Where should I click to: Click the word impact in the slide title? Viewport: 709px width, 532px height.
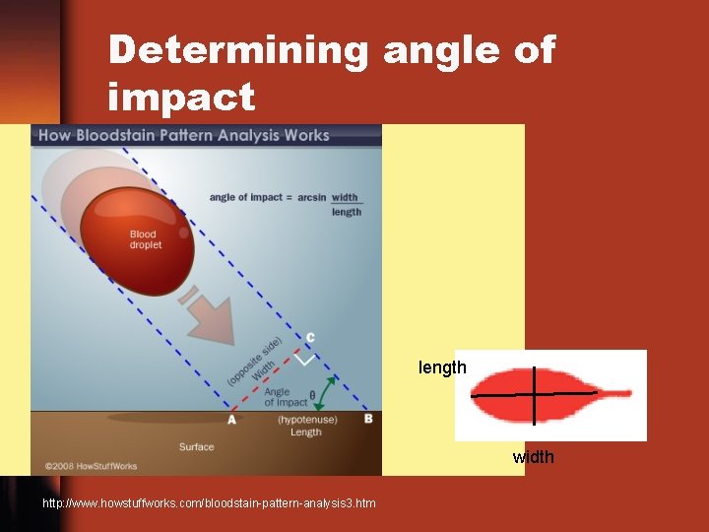click(181, 98)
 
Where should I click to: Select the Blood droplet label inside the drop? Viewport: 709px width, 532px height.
click(145, 239)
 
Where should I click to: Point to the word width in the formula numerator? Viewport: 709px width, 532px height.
click(345, 197)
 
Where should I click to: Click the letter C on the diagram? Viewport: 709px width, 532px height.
click(309, 338)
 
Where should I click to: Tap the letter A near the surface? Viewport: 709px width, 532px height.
click(231, 419)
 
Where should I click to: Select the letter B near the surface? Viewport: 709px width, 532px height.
click(368, 419)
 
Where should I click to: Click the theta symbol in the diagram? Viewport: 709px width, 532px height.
click(312, 396)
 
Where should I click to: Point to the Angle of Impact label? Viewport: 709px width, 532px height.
click(286, 397)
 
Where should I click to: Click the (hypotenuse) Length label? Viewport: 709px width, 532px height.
click(306, 426)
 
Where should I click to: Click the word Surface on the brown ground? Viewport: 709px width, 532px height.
click(196, 446)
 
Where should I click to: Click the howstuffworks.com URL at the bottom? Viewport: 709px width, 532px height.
click(209, 503)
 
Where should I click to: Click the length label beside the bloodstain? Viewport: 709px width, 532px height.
click(442, 367)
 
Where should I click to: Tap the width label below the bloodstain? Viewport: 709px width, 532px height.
click(533, 457)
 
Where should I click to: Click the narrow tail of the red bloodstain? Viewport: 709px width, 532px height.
click(615, 393)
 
